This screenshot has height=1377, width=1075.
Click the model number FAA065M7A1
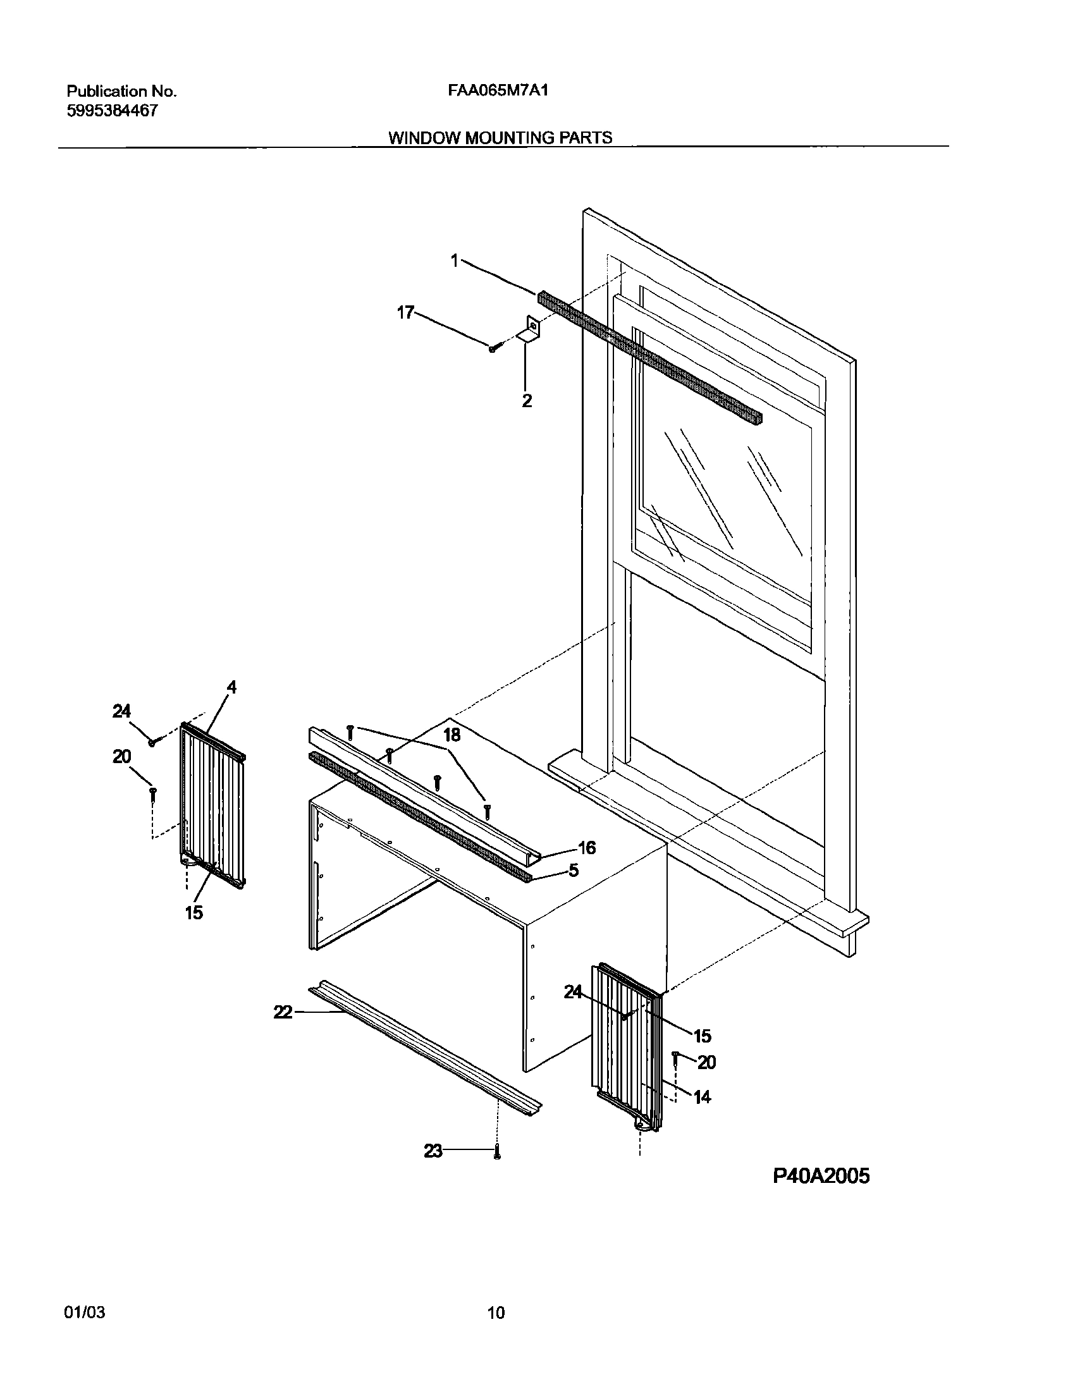[498, 90]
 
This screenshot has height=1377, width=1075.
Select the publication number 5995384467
[112, 111]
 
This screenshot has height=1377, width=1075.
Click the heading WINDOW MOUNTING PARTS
[500, 138]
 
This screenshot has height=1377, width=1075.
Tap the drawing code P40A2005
[821, 1176]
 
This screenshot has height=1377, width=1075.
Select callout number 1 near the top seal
[454, 260]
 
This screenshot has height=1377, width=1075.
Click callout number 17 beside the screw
[405, 312]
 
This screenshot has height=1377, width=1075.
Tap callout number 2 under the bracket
[527, 400]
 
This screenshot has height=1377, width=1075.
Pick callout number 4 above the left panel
[231, 687]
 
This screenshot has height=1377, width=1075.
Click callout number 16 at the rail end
[587, 848]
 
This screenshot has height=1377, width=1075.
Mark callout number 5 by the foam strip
[573, 871]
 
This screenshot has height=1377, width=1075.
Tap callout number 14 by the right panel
[702, 1097]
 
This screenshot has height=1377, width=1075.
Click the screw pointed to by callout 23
[497, 1153]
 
